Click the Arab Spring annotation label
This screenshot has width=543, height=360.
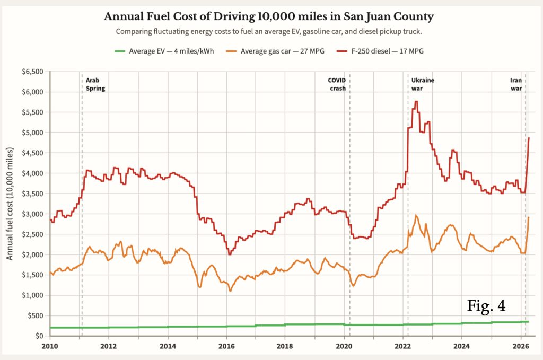click(x=95, y=84)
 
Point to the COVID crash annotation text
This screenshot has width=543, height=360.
click(x=337, y=84)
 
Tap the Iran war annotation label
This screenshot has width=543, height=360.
click(x=516, y=84)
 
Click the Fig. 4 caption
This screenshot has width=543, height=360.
click(x=486, y=306)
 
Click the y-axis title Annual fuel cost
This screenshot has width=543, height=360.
click(x=10, y=204)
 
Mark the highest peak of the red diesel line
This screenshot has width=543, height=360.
click(x=416, y=101)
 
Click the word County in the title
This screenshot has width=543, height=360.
click(x=414, y=16)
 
